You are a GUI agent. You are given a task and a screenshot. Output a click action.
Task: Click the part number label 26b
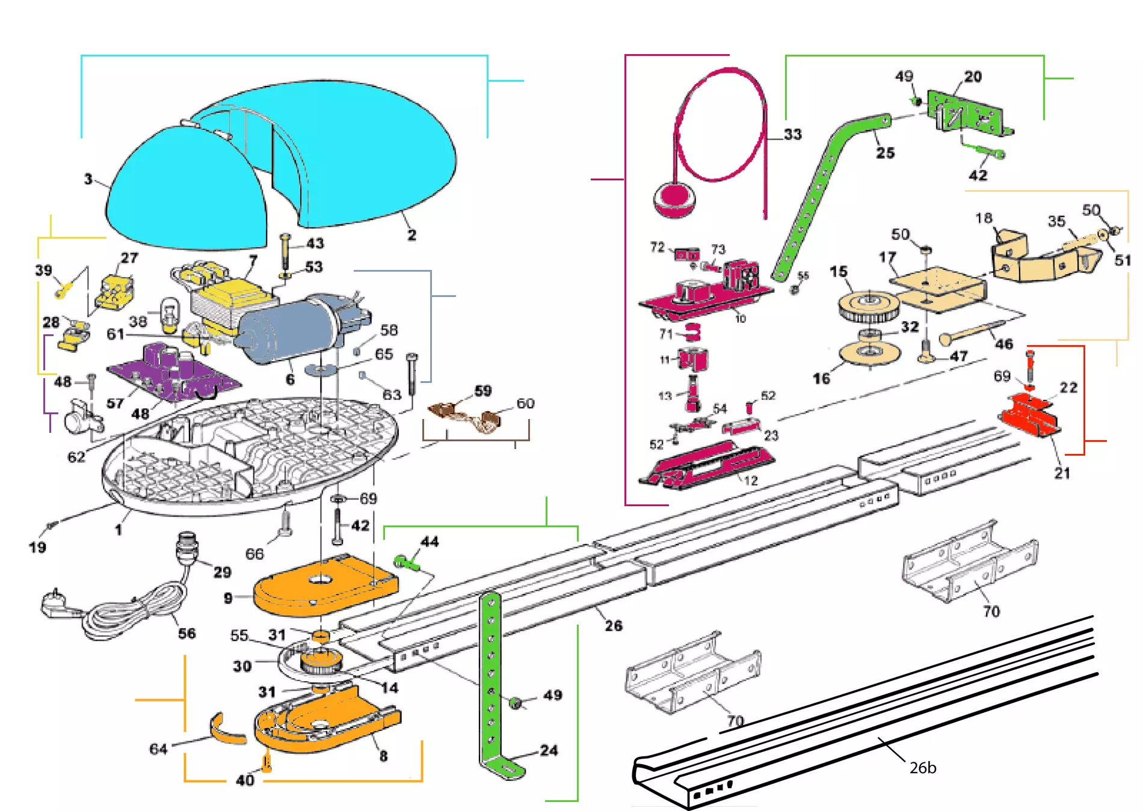[922, 768]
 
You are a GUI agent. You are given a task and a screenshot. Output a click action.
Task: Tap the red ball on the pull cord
[673, 200]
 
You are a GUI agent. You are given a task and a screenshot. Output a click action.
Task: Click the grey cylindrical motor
[289, 328]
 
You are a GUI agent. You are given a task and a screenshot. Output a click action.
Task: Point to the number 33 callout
[792, 134]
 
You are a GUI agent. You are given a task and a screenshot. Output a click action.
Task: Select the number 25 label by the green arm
[884, 153]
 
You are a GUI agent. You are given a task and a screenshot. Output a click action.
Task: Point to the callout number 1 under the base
[119, 530]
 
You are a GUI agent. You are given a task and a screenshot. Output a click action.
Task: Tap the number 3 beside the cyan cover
[88, 179]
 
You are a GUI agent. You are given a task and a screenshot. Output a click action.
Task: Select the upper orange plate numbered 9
[325, 586]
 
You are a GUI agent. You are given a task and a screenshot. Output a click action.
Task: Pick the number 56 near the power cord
[186, 633]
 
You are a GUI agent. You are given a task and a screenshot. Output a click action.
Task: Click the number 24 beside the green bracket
[548, 750]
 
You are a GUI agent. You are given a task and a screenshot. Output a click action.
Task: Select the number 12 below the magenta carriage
[750, 480]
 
